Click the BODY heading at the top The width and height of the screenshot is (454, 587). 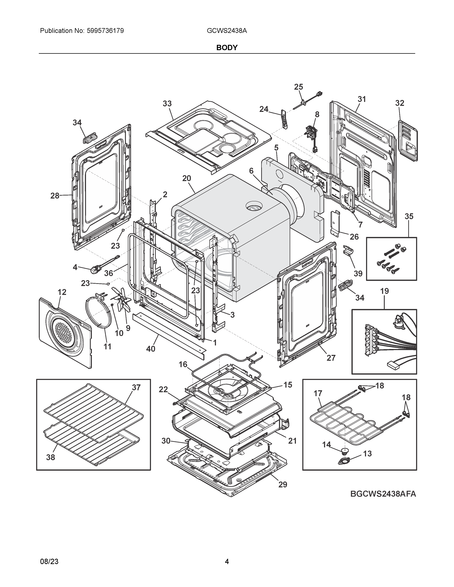point(227,47)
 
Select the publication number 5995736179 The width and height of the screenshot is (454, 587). point(105,31)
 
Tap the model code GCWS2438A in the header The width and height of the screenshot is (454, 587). point(227,31)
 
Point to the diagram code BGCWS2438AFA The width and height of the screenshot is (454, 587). point(383,494)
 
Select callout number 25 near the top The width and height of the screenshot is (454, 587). point(298,87)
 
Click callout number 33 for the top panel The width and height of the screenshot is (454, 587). point(167,104)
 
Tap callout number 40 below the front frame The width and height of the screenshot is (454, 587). point(151,349)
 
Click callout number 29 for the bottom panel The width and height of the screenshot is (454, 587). point(283,484)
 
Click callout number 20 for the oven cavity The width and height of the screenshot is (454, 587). point(186,178)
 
